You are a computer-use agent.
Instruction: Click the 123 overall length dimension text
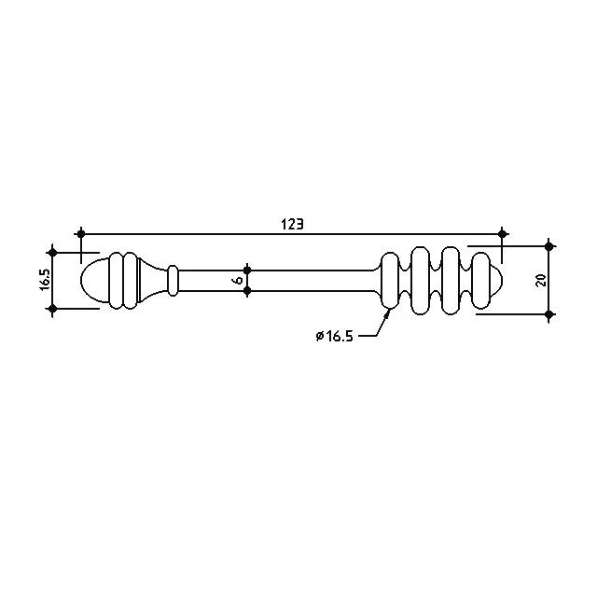292,224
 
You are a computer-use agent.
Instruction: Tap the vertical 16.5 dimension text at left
45,280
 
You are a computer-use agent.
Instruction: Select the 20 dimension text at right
541,281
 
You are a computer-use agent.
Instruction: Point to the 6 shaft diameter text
238,281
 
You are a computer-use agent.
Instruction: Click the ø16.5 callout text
334,336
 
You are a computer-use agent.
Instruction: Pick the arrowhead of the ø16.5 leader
388,314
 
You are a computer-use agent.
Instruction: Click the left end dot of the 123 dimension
80,233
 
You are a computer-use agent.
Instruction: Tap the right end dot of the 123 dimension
502,233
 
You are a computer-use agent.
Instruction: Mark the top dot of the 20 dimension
548,246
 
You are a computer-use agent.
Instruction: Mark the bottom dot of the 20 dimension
548,314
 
